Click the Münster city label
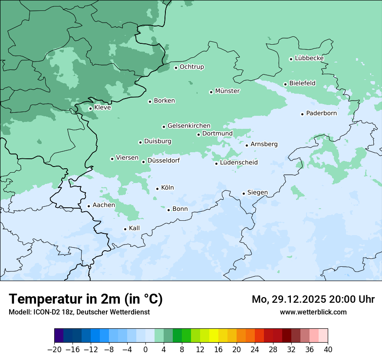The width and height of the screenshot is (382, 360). (227, 91)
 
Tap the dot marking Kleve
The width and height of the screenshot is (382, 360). (90, 108)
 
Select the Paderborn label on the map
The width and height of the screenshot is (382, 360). (321, 113)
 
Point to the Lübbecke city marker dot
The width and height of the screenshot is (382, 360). (291, 59)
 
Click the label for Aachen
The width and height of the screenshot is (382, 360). (104, 205)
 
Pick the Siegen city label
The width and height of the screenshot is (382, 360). (257, 193)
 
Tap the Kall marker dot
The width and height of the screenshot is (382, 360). (125, 229)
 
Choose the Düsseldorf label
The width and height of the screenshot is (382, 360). (164, 160)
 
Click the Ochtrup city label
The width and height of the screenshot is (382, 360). (191, 67)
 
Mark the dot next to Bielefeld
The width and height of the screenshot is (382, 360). (285, 84)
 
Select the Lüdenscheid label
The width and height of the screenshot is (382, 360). (239, 163)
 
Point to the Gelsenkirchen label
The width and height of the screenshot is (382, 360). (189, 126)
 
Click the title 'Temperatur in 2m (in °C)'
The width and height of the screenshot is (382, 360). (86, 299)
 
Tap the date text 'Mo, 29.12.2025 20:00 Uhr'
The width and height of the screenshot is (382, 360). (313, 299)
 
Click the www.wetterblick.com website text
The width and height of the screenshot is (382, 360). (313, 312)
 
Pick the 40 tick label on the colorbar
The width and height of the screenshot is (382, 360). (328, 350)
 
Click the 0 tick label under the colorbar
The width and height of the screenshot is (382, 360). (145, 350)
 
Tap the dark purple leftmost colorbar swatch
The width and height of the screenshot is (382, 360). (59, 336)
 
